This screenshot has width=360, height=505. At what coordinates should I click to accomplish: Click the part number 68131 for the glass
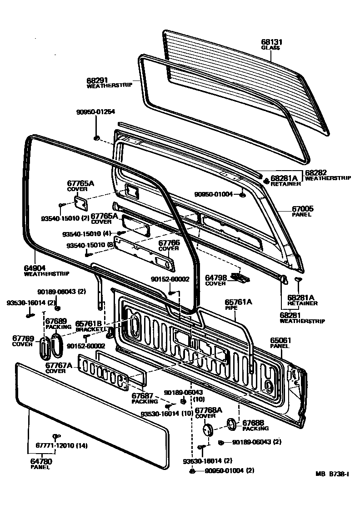[x=271, y=41]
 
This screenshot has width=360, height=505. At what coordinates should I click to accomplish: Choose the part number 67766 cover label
[x=169, y=243]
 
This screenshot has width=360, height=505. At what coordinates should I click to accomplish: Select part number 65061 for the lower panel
[x=281, y=340]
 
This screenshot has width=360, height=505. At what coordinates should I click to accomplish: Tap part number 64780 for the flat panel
[x=37, y=462]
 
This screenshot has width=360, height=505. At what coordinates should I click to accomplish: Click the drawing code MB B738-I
[x=332, y=474]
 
